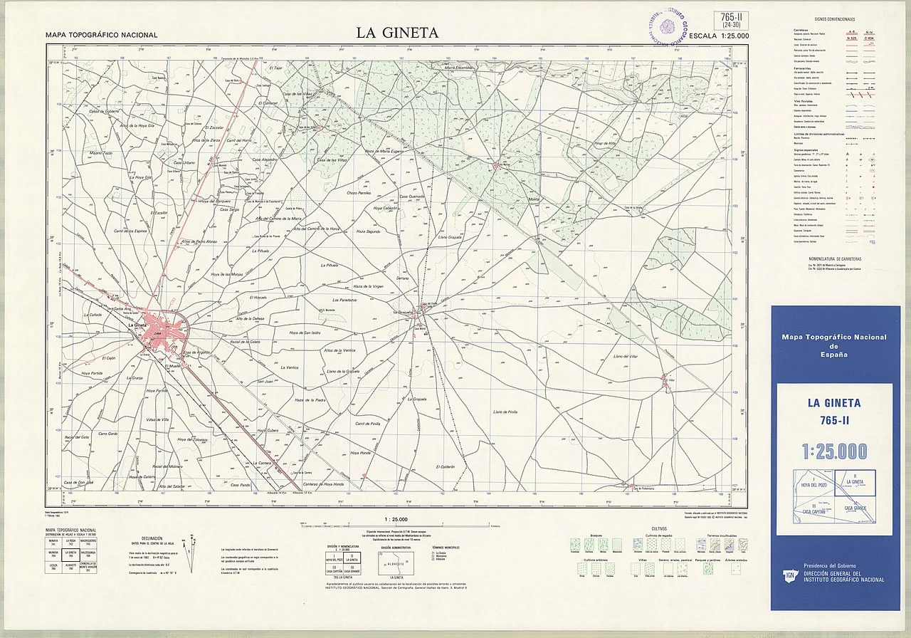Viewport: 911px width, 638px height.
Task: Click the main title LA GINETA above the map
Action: tap(398, 33)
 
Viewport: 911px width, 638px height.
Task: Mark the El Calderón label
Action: tap(442, 467)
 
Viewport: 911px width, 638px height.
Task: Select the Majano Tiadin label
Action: tap(101, 153)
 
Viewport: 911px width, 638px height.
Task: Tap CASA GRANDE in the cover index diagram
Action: tap(855, 508)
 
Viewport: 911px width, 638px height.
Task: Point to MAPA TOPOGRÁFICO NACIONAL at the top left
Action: tap(101, 35)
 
